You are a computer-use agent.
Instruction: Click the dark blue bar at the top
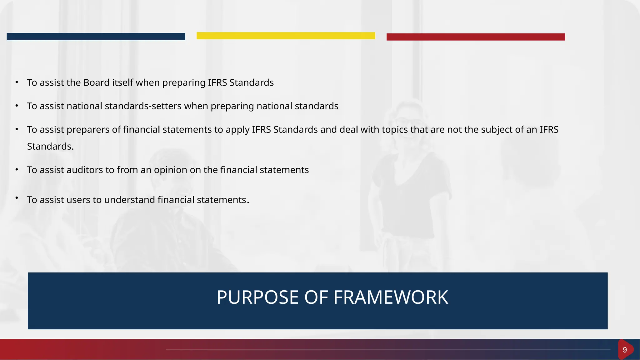coord(96,37)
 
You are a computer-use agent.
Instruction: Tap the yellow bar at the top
coord(286,36)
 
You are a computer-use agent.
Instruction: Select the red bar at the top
coord(476,37)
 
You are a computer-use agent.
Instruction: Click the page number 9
coord(624,350)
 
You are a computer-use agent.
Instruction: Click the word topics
coord(395,129)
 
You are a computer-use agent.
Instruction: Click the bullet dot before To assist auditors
coord(17,169)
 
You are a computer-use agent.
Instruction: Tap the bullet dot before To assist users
coord(17,197)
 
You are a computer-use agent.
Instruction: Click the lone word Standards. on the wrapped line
coord(50,146)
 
